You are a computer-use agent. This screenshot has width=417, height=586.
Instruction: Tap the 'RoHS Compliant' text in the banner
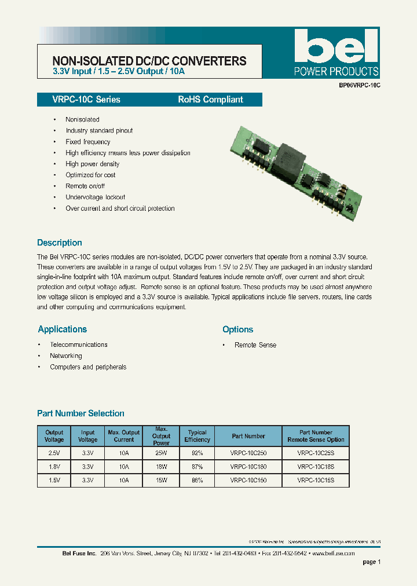[210, 100]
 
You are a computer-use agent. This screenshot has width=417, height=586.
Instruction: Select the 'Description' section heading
[60, 243]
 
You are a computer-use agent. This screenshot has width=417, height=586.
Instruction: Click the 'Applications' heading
[62, 329]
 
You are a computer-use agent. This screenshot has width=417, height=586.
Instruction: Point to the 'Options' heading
[237, 329]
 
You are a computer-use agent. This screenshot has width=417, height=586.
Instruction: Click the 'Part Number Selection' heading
[81, 413]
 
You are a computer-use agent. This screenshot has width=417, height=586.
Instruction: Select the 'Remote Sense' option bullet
[255, 345]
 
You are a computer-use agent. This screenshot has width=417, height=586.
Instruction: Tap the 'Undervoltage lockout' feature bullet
[95, 197]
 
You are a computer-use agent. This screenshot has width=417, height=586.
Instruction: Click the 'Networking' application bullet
[65, 356]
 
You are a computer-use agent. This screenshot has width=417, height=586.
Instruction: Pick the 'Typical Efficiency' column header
[197, 436]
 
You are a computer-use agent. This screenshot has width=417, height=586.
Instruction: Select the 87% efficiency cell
[197, 467]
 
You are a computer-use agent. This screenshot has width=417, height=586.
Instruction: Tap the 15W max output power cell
[161, 480]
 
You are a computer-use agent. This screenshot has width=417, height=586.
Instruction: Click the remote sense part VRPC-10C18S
[316, 467]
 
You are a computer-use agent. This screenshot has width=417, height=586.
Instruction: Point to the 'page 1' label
[371, 562]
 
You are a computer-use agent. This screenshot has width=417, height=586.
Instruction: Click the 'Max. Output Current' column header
[124, 436]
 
